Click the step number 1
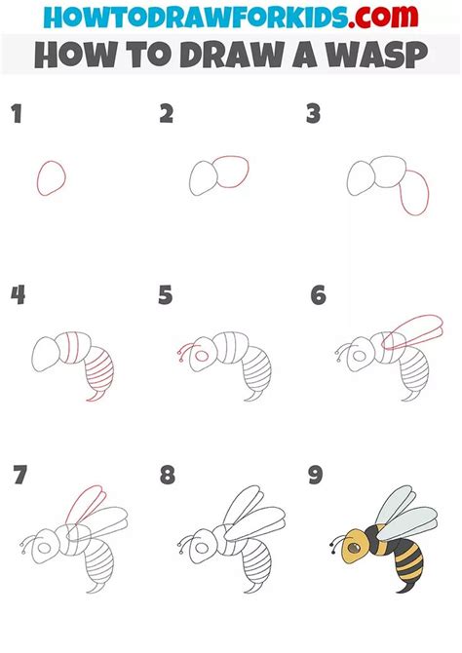[x=17, y=116]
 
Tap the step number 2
[x=167, y=115]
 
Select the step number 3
[x=314, y=115]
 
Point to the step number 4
[x=18, y=295]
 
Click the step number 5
[x=167, y=295]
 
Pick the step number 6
[x=317, y=295]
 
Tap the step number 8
[x=169, y=477]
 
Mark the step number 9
[x=317, y=477]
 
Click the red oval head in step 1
[x=52, y=177]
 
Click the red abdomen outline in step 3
[x=415, y=193]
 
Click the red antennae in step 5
[x=182, y=349]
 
